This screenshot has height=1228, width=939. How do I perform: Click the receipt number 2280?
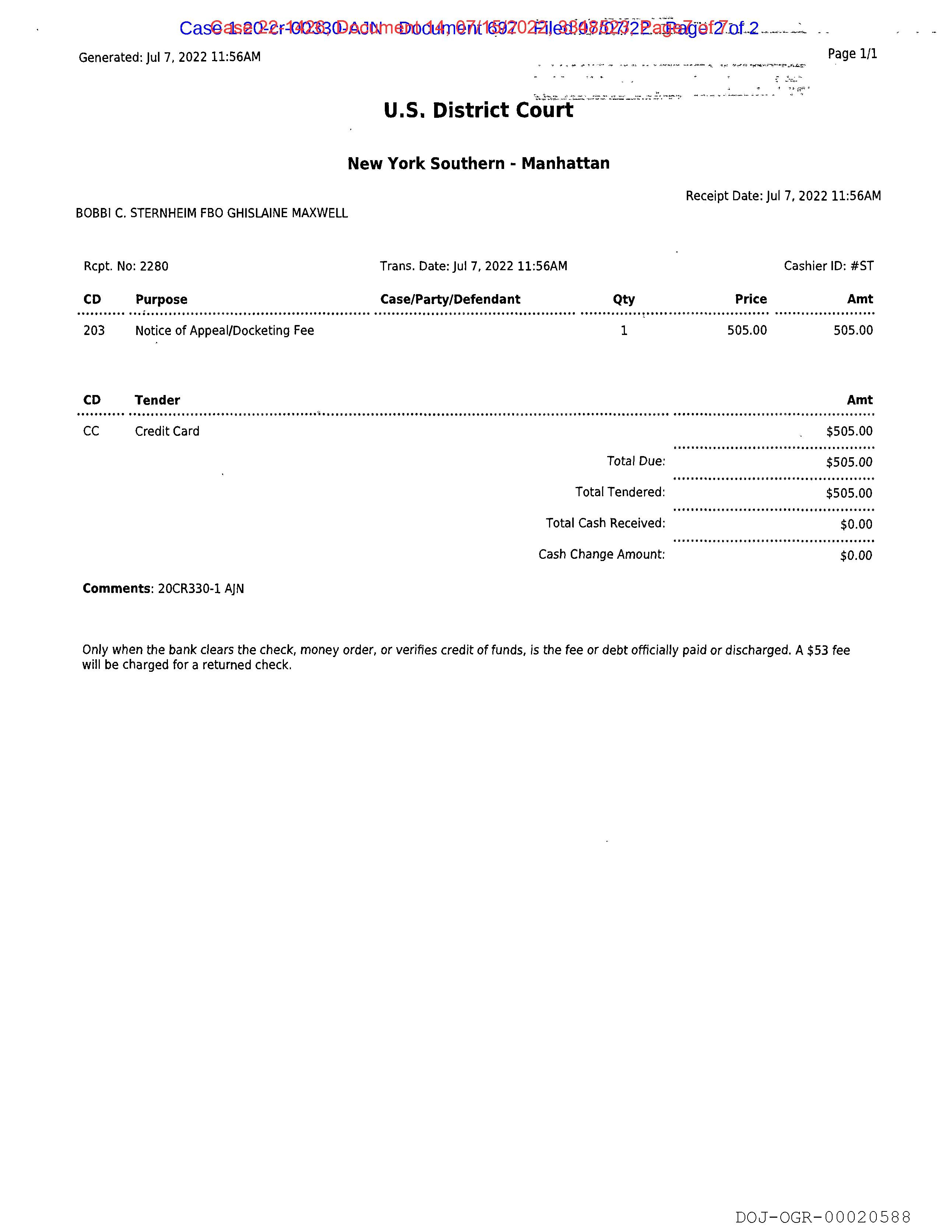point(154,267)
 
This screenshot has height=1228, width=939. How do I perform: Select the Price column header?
point(750,300)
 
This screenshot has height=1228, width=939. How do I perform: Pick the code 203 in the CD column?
point(94,331)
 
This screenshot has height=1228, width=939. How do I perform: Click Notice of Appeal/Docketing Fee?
point(224,331)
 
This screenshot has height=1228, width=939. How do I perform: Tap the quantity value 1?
point(624,331)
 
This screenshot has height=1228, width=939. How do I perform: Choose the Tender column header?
point(157,400)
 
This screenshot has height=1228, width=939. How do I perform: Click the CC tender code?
point(91,431)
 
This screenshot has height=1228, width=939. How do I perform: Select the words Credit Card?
point(167,431)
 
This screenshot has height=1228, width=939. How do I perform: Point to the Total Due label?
point(636,462)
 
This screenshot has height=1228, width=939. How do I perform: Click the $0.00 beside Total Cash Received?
point(856,524)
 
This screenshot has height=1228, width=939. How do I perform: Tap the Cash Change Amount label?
point(601,554)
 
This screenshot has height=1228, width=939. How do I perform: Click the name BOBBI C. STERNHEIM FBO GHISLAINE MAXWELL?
point(212,214)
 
